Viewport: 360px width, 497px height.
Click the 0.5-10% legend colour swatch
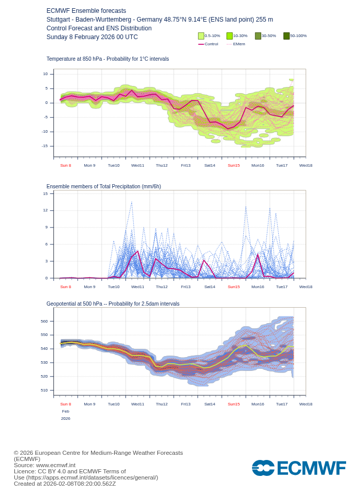pyautogui.click(x=201, y=36)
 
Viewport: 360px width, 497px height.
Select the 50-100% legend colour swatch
pyautogui.click(x=286, y=36)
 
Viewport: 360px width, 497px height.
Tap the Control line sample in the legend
pyautogui.click(x=201, y=44)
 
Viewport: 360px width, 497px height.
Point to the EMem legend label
pyautogui.click(x=239, y=44)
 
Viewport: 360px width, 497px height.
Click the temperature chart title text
pyautogui.click(x=107, y=59)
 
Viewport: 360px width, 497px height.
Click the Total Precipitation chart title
pyautogui.click(x=103, y=187)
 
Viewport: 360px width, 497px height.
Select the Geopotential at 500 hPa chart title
pyautogui.click(x=113, y=304)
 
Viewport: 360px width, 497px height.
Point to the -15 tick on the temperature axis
pyautogui.click(x=45, y=146)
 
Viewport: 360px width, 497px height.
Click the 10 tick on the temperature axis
pyautogui.click(x=45, y=74)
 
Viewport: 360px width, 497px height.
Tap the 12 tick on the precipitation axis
pyautogui.click(x=45, y=210)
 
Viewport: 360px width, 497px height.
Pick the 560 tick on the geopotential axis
pyautogui.click(x=44, y=322)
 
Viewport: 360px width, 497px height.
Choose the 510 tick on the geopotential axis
pyautogui.click(x=44, y=390)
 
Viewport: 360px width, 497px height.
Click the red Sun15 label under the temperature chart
pyautogui.click(x=233, y=166)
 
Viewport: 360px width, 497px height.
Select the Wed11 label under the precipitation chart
pyautogui.click(x=137, y=287)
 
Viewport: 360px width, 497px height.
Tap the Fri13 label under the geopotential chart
pyautogui.click(x=186, y=404)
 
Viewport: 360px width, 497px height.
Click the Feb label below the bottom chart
pyautogui.click(x=66, y=412)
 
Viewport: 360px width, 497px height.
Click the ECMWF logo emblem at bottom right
pyautogui.click(x=263, y=468)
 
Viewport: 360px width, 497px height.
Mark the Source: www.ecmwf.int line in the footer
pyautogui.click(x=45, y=465)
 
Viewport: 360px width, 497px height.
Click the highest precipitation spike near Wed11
pyautogui.click(x=132, y=202)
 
